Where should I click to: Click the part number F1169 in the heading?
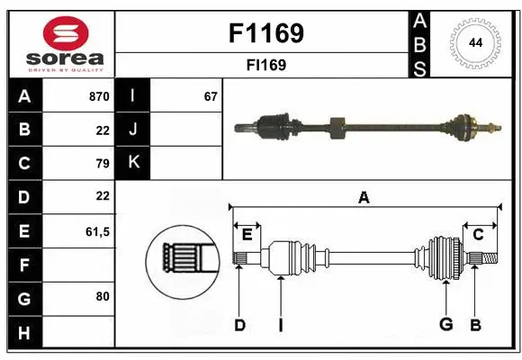(x=266, y=34)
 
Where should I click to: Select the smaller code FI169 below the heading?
(x=266, y=65)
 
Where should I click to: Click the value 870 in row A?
(x=98, y=96)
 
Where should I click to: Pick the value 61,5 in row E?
(x=96, y=231)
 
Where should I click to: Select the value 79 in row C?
(x=102, y=164)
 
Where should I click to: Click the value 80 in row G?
(x=102, y=295)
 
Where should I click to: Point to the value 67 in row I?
(x=211, y=96)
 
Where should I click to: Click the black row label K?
(x=133, y=163)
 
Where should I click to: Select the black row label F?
(x=24, y=265)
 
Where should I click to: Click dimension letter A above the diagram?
(x=364, y=198)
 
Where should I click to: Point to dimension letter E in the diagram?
(x=247, y=235)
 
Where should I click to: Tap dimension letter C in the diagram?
(x=479, y=235)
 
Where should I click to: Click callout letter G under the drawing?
(x=445, y=325)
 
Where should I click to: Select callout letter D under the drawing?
(x=239, y=325)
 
